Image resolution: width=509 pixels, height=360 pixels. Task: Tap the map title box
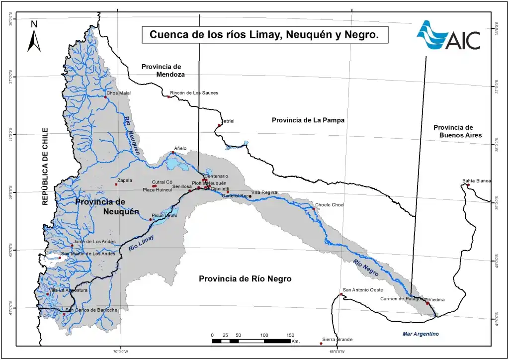tap(264, 35)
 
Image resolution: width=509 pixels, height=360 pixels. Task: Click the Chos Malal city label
tap(118, 93)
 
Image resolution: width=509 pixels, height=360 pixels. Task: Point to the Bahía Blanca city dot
tap(468, 185)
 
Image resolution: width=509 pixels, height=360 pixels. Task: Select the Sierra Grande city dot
tap(321, 343)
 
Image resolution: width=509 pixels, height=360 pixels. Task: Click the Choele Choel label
tap(329, 205)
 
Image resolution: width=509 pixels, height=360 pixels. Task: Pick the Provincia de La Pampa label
tap(308, 120)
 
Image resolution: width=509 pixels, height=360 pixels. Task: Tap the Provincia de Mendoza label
tap(163, 70)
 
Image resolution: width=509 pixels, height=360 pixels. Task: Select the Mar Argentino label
tap(421, 334)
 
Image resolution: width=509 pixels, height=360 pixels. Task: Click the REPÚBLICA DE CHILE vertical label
tap(45, 167)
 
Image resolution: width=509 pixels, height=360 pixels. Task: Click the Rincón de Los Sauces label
tap(194, 93)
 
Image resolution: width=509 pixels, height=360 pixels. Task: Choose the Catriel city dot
tap(219, 125)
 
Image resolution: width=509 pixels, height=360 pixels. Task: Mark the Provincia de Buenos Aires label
tap(454, 131)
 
